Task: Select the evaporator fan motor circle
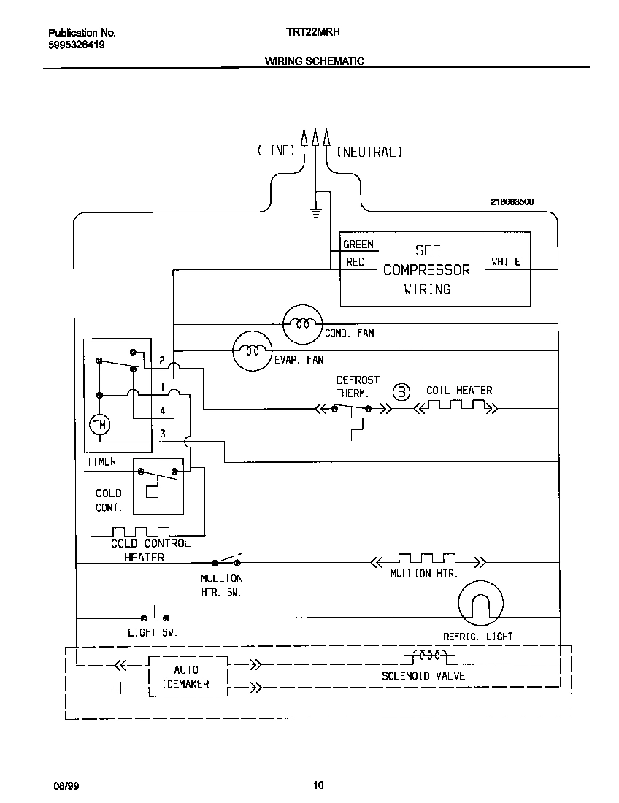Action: pos(252,351)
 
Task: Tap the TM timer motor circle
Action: pos(98,424)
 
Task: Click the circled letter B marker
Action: pos(402,392)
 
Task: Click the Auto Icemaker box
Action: pos(188,677)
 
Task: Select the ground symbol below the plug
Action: pos(315,212)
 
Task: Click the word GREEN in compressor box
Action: pos(358,245)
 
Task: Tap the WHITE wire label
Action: pos(505,261)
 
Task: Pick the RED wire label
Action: pos(355,261)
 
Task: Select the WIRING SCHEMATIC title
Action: pos(314,61)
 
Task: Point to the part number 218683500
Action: pos(512,201)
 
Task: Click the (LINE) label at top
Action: pos(276,151)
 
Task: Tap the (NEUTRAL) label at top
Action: pos(369,152)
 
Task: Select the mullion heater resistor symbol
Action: pos(427,560)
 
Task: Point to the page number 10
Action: pos(318,785)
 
